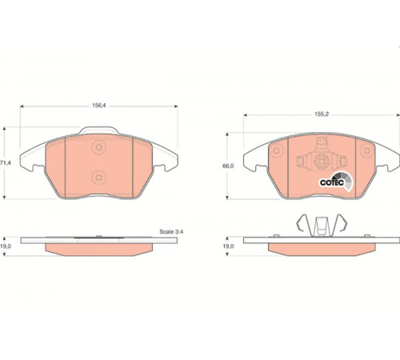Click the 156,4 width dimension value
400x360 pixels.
tap(99, 106)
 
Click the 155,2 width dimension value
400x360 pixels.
tap(322, 114)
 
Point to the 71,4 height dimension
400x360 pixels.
tap(6, 162)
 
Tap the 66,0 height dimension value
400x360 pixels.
tap(228, 166)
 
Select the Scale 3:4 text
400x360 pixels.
tap(171, 232)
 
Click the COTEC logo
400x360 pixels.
tap(336, 182)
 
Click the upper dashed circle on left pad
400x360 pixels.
tap(99, 147)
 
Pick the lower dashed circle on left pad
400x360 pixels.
tap(99, 178)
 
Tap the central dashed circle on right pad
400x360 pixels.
tap(322, 161)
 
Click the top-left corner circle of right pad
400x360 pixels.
tap(277, 150)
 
